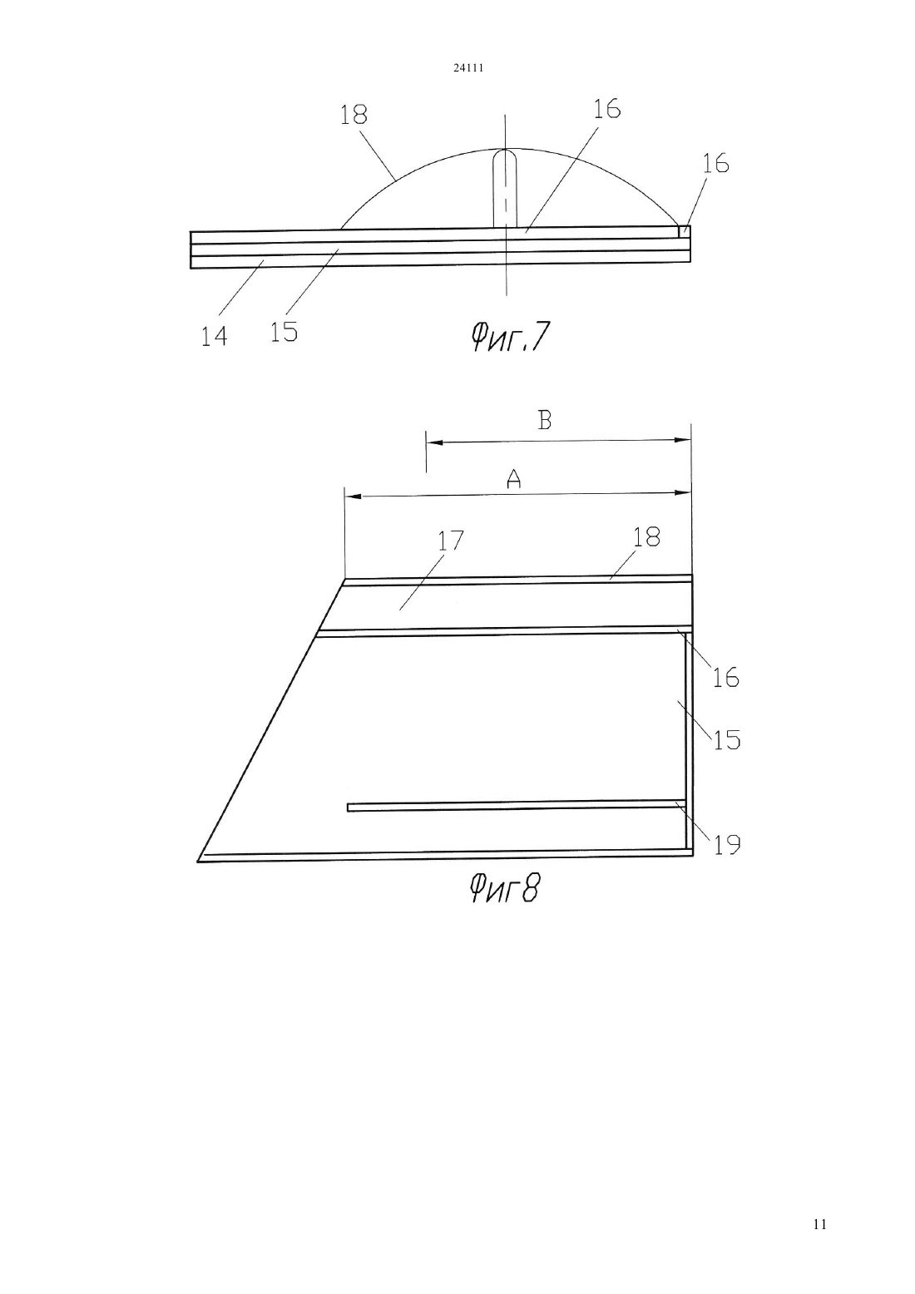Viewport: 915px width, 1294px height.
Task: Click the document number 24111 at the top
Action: tap(467, 67)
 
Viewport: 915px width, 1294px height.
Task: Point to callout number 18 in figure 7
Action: tap(354, 115)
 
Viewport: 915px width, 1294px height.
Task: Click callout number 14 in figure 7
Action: tap(214, 336)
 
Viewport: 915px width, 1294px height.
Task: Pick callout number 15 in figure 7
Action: tap(284, 332)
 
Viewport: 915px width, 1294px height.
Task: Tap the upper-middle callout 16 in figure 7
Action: tap(606, 109)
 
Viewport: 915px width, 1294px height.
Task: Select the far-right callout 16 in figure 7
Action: tap(715, 164)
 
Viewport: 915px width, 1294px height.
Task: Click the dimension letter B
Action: tap(545, 421)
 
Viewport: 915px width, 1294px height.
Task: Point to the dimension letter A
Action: tap(513, 478)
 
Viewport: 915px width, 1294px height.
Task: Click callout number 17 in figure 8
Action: tap(451, 541)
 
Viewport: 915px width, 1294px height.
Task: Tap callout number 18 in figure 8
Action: tap(646, 536)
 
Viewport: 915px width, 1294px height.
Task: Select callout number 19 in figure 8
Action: tap(727, 845)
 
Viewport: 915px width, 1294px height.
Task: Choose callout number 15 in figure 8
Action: tap(727, 740)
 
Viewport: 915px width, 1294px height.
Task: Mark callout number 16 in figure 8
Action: tap(726, 677)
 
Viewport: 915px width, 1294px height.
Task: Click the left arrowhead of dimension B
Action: tap(434, 442)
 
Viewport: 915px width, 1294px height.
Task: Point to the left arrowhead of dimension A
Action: tap(353, 496)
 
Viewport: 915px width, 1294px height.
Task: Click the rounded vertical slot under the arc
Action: tap(505, 188)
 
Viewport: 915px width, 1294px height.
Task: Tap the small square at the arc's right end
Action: tap(684, 231)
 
